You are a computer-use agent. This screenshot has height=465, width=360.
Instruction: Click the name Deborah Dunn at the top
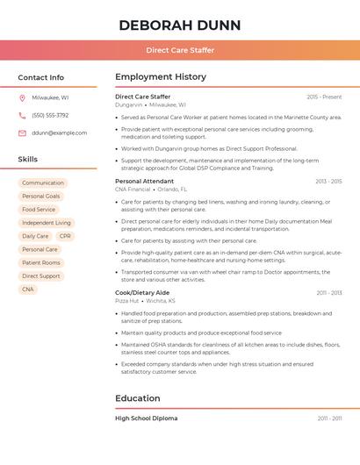point(179,25)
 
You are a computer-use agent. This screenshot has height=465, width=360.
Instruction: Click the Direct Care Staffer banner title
point(179,50)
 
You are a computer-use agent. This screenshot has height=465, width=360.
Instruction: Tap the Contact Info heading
point(41,77)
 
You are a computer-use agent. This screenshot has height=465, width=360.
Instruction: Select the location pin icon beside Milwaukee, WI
point(22,98)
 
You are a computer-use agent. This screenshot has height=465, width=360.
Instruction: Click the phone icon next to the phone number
point(22,116)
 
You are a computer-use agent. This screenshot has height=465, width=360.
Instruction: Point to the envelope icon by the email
point(22,133)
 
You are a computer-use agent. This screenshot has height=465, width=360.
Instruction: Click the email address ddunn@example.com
point(59,133)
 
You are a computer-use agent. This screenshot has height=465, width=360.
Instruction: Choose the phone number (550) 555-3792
point(50,116)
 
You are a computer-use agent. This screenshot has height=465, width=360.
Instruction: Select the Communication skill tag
point(43,183)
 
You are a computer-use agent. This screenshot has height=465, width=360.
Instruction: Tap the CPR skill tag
point(65,236)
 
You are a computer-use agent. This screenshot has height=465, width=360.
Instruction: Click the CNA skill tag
point(28,289)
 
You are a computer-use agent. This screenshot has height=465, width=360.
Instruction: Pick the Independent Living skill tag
point(47,223)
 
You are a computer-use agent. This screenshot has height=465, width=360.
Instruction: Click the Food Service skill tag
point(39,210)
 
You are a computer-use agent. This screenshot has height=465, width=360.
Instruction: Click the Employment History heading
point(161,77)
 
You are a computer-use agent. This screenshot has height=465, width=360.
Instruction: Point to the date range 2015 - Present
point(324,97)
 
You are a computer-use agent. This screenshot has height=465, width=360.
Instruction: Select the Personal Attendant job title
point(145,181)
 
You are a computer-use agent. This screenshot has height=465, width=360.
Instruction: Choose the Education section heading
point(138,398)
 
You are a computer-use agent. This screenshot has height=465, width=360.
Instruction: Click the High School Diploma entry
point(147,418)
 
